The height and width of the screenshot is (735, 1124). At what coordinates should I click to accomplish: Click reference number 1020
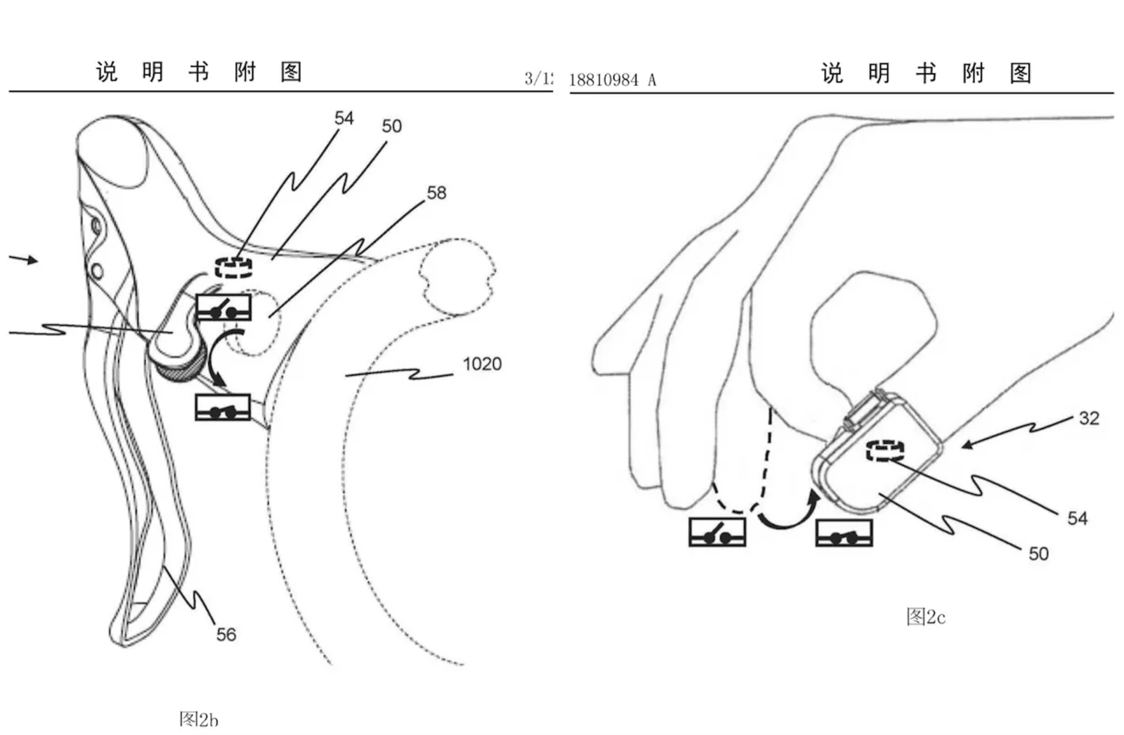pyautogui.click(x=482, y=364)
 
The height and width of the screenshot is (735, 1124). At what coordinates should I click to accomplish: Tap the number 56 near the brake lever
pyautogui.click(x=226, y=635)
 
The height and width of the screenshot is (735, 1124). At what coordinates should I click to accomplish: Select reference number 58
pyautogui.click(x=436, y=193)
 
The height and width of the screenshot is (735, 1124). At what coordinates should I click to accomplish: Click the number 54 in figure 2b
pyautogui.click(x=344, y=118)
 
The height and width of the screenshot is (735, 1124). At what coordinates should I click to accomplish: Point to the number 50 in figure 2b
pyautogui.click(x=391, y=126)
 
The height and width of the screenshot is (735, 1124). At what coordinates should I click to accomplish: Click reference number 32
pyautogui.click(x=1088, y=418)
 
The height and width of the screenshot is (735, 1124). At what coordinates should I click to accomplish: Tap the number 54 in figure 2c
pyautogui.click(x=1077, y=519)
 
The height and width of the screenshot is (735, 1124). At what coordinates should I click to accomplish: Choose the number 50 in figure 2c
pyautogui.click(x=1038, y=554)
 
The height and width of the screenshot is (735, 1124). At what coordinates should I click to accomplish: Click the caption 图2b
pyautogui.click(x=199, y=719)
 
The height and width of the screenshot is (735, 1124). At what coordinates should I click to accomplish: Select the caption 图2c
pyautogui.click(x=925, y=617)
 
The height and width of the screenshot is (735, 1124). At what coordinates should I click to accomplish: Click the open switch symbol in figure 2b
pyautogui.click(x=223, y=307)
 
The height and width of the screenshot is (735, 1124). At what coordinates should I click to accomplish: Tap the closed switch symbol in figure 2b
pyautogui.click(x=223, y=408)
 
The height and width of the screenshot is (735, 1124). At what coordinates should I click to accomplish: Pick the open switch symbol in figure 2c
pyautogui.click(x=717, y=532)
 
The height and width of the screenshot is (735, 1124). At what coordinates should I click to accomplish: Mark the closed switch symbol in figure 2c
pyautogui.click(x=844, y=533)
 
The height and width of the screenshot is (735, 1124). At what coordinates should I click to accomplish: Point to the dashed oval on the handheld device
pyautogui.click(x=884, y=450)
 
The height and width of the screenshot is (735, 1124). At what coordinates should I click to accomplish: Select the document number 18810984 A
pyautogui.click(x=612, y=80)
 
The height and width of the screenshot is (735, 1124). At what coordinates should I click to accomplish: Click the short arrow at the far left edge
pyautogui.click(x=24, y=259)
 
